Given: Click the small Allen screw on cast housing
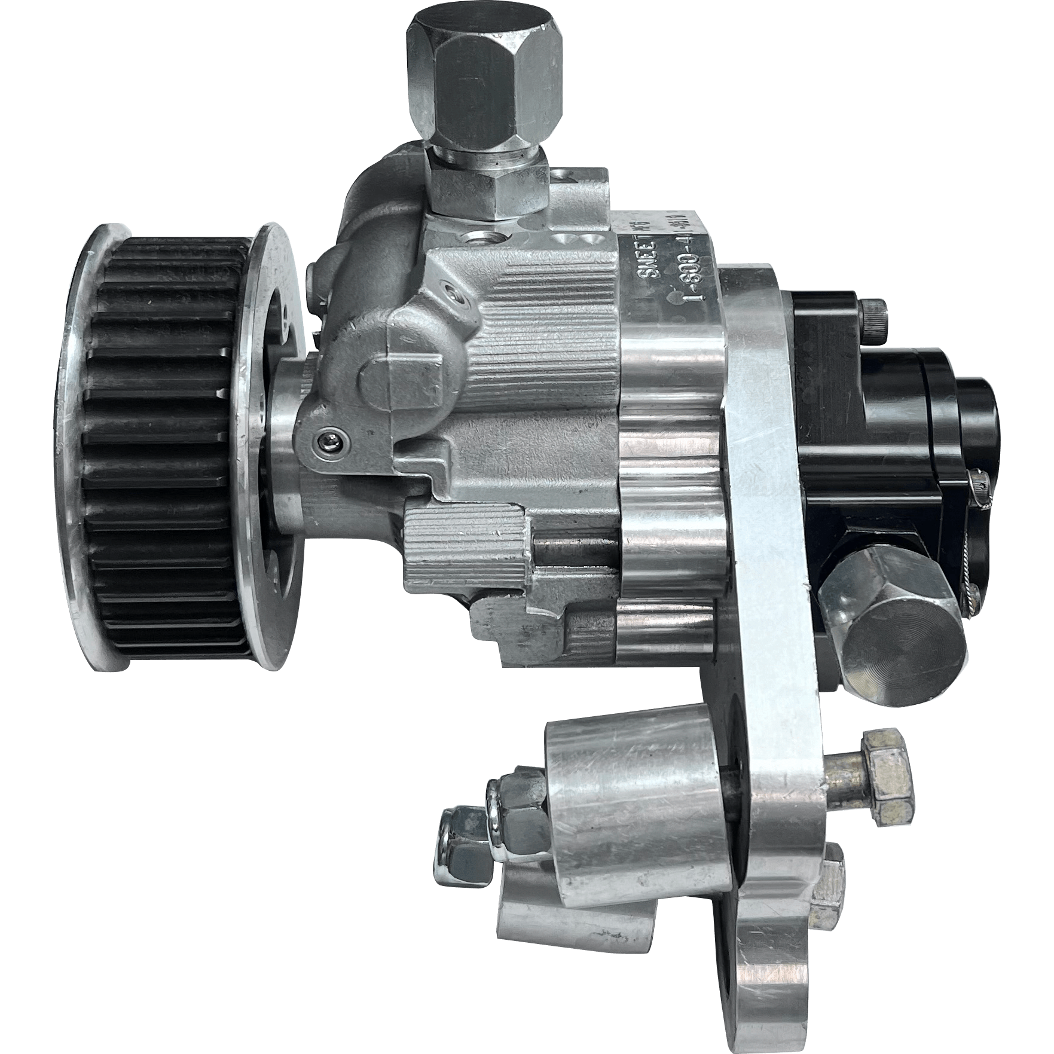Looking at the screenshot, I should coord(327,442).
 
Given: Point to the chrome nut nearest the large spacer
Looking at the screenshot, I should coord(517,807).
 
